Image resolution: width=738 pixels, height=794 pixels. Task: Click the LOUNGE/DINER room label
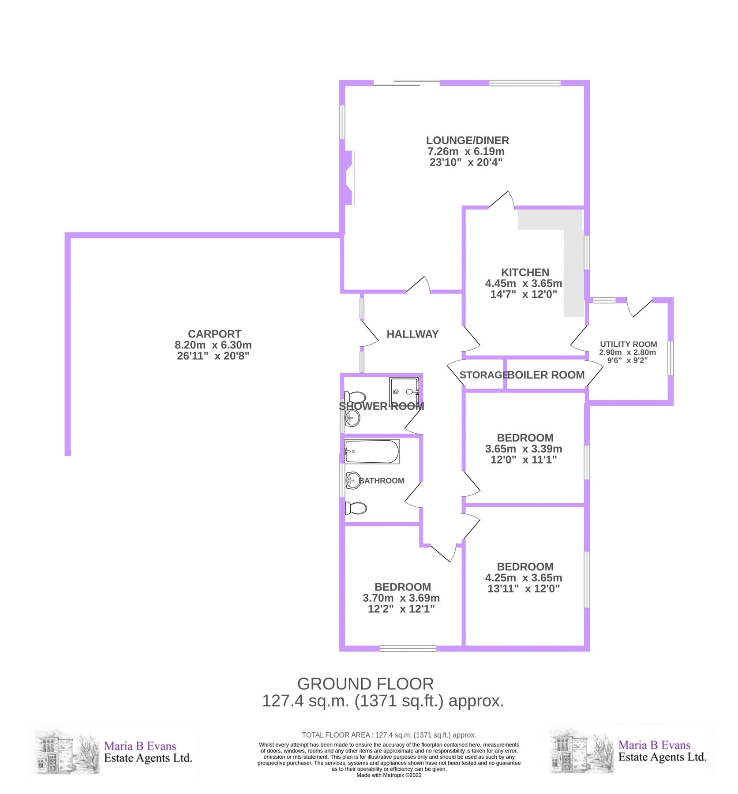(x=467, y=140)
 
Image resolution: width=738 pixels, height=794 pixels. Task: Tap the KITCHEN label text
(x=524, y=272)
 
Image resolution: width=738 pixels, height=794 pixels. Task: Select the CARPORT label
(x=214, y=334)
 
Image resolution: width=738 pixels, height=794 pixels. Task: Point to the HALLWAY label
(x=412, y=334)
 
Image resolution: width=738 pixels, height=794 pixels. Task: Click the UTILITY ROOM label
(x=628, y=344)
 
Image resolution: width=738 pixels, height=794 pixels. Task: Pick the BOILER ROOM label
(x=546, y=375)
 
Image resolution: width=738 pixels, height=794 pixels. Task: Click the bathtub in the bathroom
(x=371, y=451)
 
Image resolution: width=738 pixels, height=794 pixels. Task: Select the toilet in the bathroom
(x=356, y=508)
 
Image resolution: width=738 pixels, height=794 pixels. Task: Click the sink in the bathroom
(x=353, y=480)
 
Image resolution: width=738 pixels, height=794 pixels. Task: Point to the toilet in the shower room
(x=355, y=397)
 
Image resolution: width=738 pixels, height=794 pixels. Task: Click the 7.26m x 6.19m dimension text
(x=466, y=151)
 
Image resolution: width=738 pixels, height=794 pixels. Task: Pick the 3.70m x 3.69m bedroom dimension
(x=401, y=598)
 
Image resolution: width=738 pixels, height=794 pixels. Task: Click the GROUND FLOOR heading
(x=365, y=684)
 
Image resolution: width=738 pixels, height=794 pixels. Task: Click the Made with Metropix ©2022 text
(x=389, y=775)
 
